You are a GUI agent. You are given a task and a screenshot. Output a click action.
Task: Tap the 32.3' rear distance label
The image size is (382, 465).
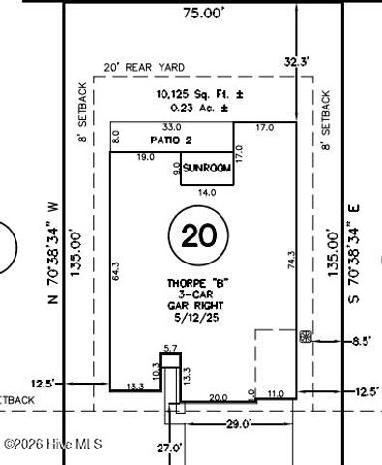(298, 61)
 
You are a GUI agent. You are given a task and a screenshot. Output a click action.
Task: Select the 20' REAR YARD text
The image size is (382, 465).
(145, 68)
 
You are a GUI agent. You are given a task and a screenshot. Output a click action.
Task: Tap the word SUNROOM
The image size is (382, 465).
(207, 168)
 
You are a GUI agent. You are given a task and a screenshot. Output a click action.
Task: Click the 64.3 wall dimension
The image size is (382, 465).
(116, 271)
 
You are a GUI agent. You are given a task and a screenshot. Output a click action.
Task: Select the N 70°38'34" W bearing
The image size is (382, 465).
(55, 254)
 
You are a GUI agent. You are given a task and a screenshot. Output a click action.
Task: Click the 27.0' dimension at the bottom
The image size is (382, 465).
(170, 448)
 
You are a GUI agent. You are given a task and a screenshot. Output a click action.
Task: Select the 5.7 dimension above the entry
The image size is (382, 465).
(170, 348)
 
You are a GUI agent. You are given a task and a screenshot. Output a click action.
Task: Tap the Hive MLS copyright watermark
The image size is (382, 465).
(52, 444)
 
